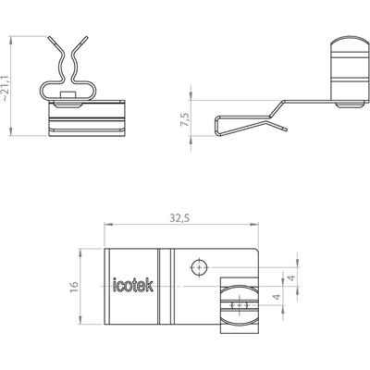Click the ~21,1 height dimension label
6,86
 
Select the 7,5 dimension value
186,118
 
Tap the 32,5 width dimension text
179,218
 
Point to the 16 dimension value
74,287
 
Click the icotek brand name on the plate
133,285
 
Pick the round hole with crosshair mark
200,267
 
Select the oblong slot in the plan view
240,305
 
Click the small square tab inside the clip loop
68,95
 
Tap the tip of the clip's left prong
49,38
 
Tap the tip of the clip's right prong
86,38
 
